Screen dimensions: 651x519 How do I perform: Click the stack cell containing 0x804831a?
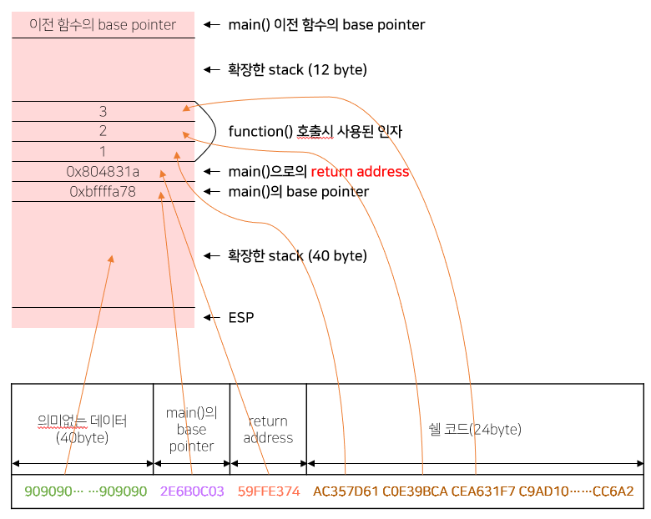click(x=103, y=172)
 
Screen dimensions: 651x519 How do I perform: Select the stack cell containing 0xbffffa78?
click(x=103, y=192)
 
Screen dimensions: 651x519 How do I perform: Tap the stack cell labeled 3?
click(x=103, y=111)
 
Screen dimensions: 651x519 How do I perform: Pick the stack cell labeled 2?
click(x=103, y=131)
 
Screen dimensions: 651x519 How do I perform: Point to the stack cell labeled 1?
click(x=103, y=151)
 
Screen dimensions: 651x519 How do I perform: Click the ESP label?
click(x=241, y=318)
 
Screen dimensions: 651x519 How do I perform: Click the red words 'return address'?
click(x=360, y=172)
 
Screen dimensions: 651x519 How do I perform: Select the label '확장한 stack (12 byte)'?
click(x=297, y=70)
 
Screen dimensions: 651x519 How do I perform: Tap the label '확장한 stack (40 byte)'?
click(x=297, y=256)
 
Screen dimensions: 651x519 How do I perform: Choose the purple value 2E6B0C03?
click(x=192, y=491)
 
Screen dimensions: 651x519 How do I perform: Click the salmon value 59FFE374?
click(x=269, y=491)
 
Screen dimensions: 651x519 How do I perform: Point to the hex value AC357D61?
click(x=345, y=491)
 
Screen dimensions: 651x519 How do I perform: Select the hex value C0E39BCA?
click(x=415, y=491)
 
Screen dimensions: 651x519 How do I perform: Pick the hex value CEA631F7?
click(x=484, y=491)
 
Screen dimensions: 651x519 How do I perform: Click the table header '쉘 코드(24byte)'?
click(x=474, y=430)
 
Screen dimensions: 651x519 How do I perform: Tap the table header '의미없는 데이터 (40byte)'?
click(x=82, y=429)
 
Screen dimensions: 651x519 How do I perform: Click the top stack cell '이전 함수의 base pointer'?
click(x=103, y=25)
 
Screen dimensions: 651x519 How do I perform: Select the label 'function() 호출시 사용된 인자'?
click(x=315, y=131)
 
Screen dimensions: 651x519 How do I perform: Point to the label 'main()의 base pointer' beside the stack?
click(x=298, y=192)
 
